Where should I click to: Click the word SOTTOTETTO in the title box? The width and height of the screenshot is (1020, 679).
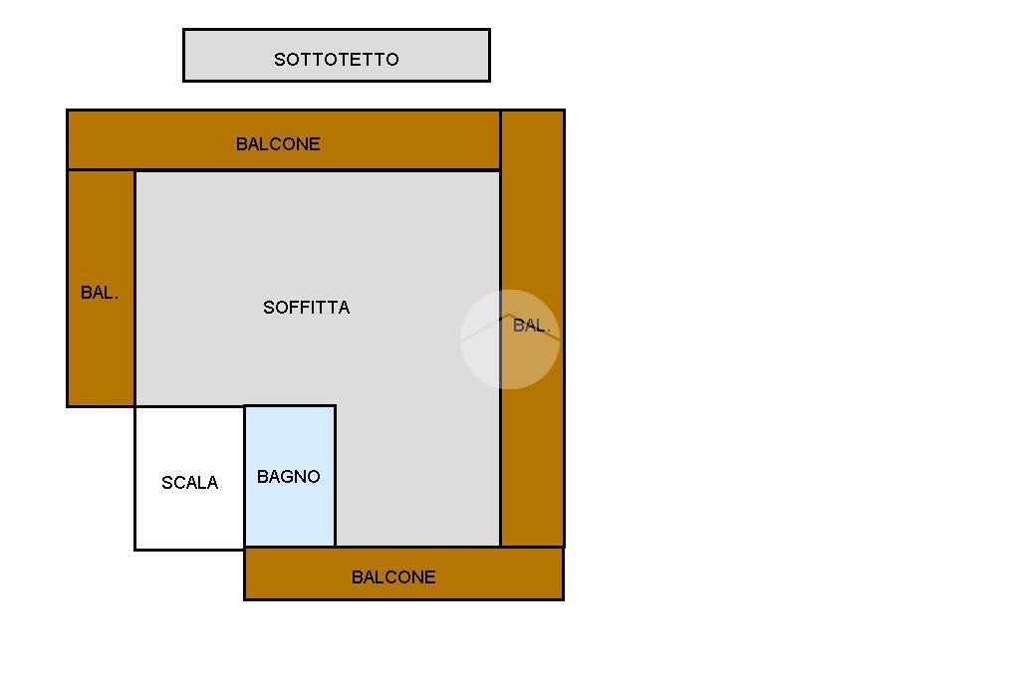[337, 60]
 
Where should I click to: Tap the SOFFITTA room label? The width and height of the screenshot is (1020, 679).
[307, 308]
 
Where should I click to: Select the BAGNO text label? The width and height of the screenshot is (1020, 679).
[289, 477]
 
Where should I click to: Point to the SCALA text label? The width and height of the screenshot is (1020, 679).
[189, 483]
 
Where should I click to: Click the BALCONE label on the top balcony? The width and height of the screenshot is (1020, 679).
[278, 144]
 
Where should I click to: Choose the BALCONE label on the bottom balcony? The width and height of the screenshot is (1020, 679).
[393, 577]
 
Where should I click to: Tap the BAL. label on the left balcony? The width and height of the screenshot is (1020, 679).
[100, 293]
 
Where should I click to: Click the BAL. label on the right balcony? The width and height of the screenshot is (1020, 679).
[532, 326]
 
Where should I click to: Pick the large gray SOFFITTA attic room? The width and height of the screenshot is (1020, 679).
[398, 249]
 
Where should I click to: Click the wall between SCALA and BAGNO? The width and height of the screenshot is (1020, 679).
[245, 478]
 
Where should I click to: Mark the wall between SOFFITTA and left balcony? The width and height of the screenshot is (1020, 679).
[134, 289]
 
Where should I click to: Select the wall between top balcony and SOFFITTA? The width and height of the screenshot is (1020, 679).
[319, 170]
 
